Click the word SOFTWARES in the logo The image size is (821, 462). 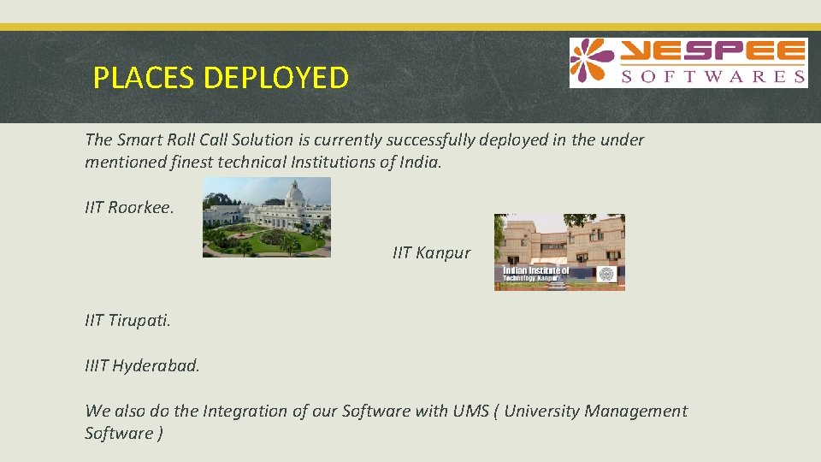pos(712,77)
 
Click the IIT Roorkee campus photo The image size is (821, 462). pos(266,217)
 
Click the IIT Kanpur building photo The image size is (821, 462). pos(559,252)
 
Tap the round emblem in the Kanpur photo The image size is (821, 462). pos(606,275)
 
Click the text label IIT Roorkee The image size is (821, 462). pos(129,208)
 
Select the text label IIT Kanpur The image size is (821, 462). pos(431,253)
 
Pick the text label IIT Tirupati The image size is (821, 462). pos(128,321)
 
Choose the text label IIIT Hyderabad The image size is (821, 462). pos(142,366)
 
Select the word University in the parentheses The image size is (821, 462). pos(541,411)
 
